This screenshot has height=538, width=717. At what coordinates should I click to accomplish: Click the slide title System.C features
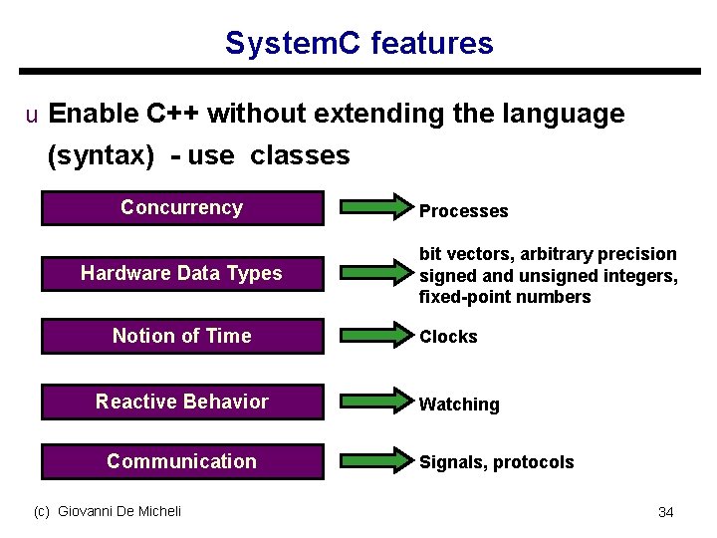(x=358, y=44)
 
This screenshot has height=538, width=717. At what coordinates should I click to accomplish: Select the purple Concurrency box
(x=182, y=208)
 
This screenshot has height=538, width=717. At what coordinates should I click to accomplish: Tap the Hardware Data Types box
(x=182, y=273)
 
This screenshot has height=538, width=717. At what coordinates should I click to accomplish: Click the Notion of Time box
(x=182, y=337)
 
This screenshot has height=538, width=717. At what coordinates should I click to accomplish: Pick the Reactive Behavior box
(x=182, y=403)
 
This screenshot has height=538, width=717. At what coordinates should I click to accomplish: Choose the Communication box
(x=182, y=461)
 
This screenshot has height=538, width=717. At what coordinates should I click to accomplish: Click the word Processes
(x=463, y=211)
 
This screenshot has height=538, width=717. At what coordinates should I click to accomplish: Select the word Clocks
(x=448, y=337)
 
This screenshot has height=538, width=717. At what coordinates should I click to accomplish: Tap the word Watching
(x=459, y=404)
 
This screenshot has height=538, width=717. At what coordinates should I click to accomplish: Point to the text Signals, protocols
(x=496, y=462)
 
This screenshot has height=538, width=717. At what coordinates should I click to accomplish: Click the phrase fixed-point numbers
(x=505, y=297)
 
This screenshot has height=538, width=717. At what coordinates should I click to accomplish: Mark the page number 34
(x=665, y=512)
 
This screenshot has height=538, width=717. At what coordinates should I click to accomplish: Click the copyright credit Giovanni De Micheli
(x=108, y=511)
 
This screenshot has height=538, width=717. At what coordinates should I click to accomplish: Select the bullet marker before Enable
(x=31, y=116)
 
